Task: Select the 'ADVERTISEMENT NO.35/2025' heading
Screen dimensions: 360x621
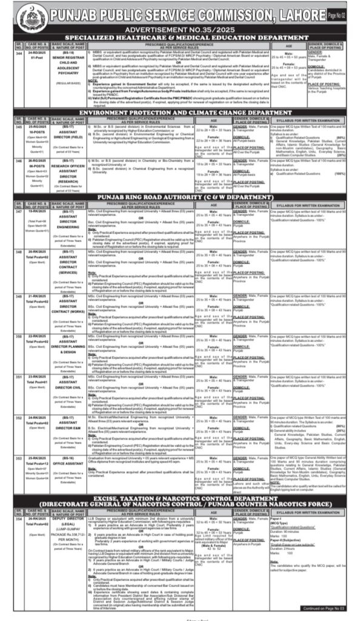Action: point(179,29)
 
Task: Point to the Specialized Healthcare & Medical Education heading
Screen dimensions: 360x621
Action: point(179,37)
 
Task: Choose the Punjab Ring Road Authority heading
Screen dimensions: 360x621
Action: point(179,197)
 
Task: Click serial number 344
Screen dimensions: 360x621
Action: point(8,53)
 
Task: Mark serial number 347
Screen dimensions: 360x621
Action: point(8,212)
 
